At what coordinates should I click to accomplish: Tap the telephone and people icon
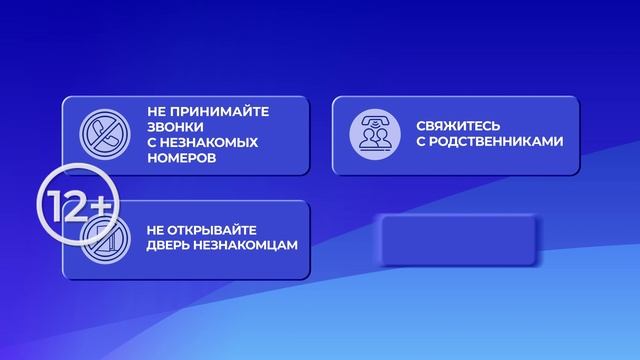tap(369, 135)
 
